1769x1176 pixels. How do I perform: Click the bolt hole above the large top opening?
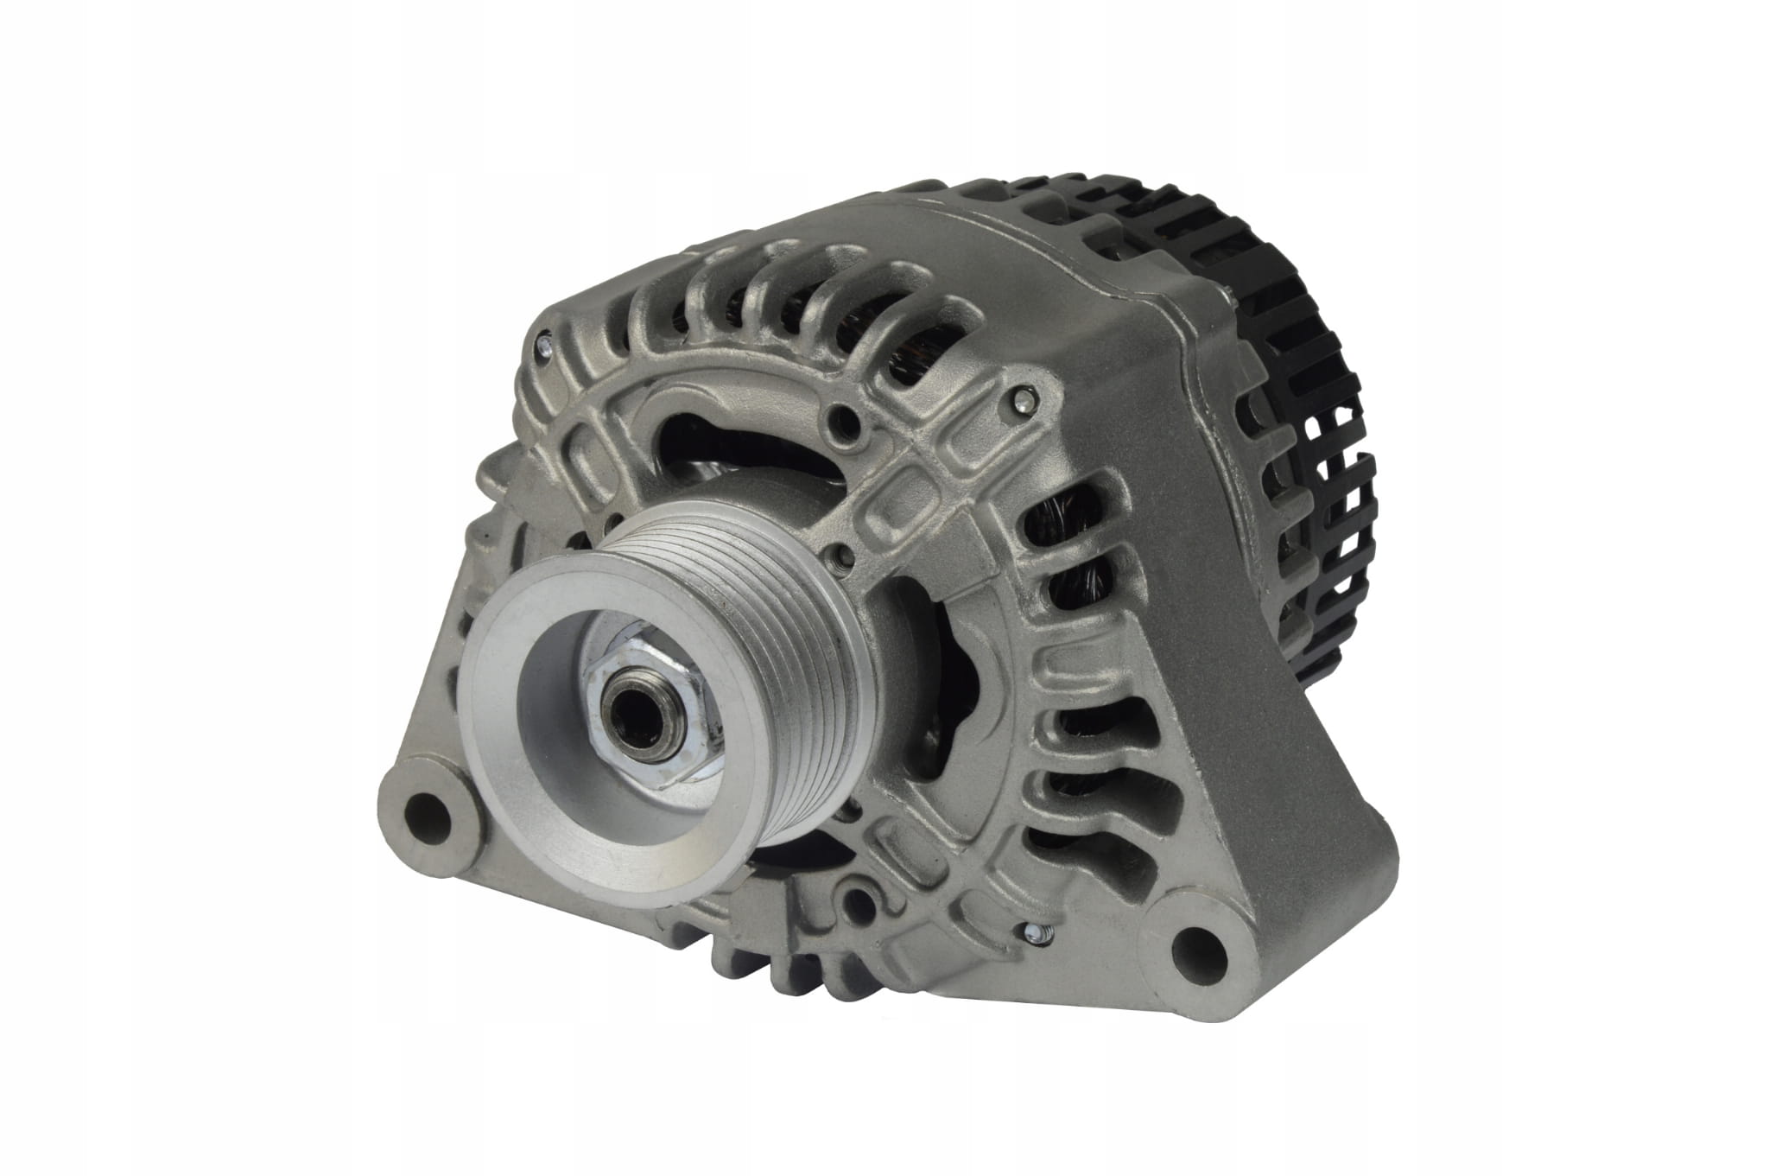coord(844,423)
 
